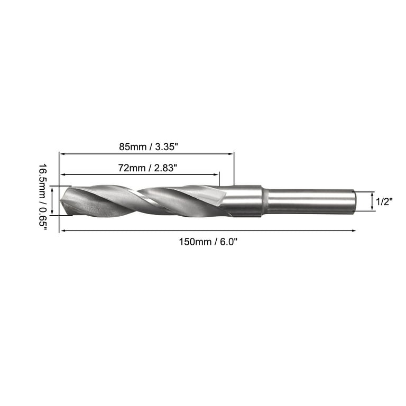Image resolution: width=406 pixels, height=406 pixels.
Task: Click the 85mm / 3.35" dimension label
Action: (x=146, y=145)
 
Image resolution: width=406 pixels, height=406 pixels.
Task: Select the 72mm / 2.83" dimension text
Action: (x=140, y=168)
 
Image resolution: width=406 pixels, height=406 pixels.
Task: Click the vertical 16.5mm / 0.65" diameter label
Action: (x=42, y=200)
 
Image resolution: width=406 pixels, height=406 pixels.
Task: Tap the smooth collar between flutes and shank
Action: (x=246, y=201)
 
